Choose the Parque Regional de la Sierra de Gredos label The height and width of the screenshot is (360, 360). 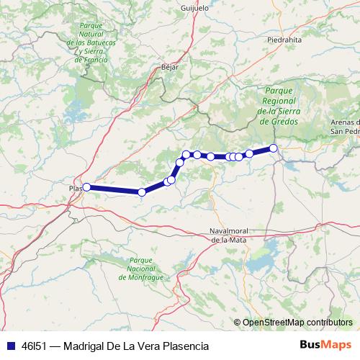(279, 107)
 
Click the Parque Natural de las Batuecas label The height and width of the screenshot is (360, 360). (91, 43)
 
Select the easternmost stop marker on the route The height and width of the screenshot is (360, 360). (274, 148)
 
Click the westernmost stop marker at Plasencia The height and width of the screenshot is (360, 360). (86, 187)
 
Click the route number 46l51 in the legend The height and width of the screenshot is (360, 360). (33, 344)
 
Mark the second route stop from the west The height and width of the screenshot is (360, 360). (142, 192)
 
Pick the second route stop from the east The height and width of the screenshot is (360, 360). (249, 153)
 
